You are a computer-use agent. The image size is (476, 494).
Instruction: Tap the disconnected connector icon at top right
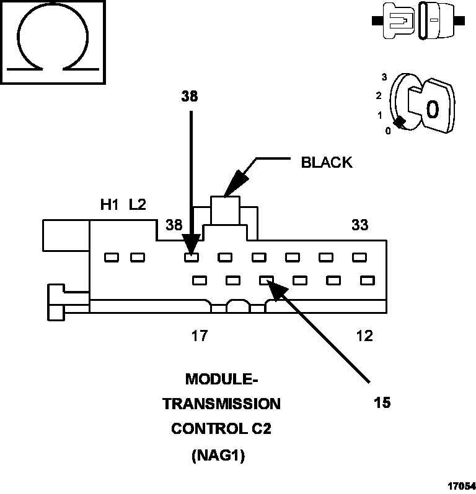tap(419, 20)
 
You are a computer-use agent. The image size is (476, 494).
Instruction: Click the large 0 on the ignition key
tap(431, 109)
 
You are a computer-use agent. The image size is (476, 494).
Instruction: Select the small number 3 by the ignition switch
tap(384, 77)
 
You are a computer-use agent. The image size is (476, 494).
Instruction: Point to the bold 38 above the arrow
tap(190, 96)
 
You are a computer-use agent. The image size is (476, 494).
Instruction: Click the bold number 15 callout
tap(382, 402)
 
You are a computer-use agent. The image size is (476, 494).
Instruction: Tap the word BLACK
tap(326, 163)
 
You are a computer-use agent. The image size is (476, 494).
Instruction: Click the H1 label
tap(110, 205)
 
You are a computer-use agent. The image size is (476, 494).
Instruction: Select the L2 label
tap(138, 205)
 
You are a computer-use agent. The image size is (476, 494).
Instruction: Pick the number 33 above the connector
tap(359, 225)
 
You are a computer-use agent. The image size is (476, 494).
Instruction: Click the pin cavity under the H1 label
tap(112, 257)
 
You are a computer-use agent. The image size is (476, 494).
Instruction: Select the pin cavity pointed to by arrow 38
tap(191, 257)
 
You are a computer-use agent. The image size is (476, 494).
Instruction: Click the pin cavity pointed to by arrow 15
tap(267, 280)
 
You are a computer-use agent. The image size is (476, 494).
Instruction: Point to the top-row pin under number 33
tap(358, 257)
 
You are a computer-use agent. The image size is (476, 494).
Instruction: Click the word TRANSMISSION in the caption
tap(221, 404)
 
